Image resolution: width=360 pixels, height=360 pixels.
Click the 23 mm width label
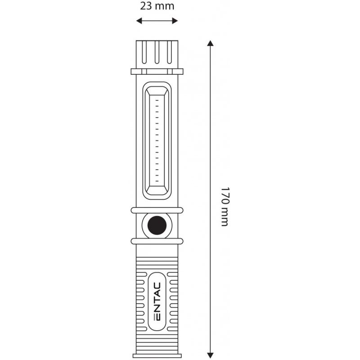tap(157, 6)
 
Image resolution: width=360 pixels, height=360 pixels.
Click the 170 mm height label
tap(225, 207)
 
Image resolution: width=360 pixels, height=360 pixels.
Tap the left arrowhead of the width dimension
tap(139, 21)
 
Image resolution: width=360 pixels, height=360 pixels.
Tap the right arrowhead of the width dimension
tap(175, 21)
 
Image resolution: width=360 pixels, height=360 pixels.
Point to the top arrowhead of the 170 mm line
tap(210, 43)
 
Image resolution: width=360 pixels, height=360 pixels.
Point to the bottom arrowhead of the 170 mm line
tap(210, 355)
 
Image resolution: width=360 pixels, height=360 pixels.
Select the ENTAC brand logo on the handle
tap(157, 301)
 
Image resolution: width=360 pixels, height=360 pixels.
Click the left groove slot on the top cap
tap(144, 52)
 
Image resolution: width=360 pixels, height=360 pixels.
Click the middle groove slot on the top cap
tap(157, 52)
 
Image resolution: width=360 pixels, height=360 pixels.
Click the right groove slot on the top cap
tap(170, 52)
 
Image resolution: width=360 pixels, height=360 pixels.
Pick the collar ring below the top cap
tap(157, 72)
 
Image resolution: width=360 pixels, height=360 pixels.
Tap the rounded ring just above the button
tap(157, 210)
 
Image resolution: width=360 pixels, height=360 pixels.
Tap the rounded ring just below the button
tap(157, 241)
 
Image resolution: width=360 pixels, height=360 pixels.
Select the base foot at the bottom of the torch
tap(157, 355)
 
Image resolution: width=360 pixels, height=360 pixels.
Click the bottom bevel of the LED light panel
tap(157, 190)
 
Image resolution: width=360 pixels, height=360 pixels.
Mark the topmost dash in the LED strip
tap(157, 100)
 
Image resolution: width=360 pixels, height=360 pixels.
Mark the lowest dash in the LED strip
tap(157, 181)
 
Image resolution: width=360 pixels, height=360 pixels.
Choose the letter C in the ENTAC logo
tap(157, 286)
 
